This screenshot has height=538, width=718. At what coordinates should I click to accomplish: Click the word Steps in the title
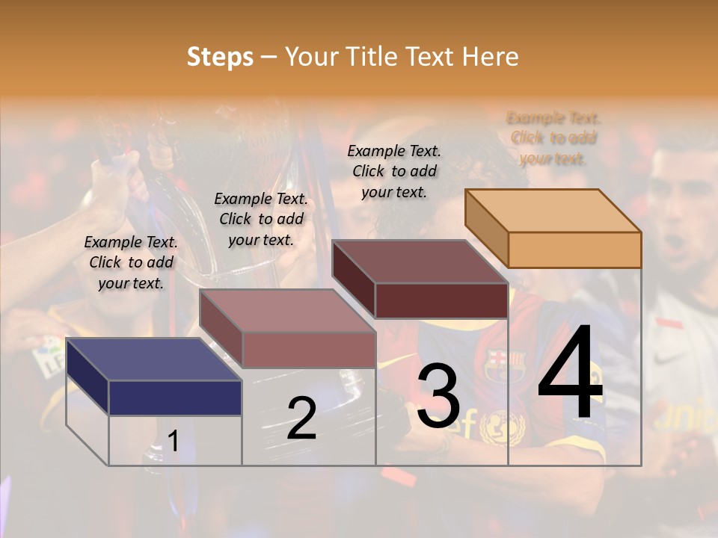[220, 57]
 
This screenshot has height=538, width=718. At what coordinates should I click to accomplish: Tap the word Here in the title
[490, 57]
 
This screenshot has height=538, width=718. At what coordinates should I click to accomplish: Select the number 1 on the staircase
[173, 442]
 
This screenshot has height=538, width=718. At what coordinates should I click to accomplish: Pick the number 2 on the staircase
[301, 418]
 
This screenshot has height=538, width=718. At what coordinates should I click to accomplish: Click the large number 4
[570, 374]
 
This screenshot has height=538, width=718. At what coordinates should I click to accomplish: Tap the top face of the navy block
[153, 359]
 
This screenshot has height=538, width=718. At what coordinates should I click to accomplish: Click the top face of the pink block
[287, 311]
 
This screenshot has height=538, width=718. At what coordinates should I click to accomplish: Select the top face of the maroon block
[420, 262]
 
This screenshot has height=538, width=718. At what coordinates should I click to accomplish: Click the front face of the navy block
[175, 398]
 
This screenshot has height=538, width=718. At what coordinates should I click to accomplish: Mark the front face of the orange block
[574, 250]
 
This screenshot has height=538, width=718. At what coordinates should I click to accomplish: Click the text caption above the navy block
[131, 263]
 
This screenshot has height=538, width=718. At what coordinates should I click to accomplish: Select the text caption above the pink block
[261, 219]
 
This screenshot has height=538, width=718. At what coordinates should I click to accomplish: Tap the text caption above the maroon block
[394, 171]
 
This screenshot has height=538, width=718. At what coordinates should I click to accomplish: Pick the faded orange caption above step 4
[553, 138]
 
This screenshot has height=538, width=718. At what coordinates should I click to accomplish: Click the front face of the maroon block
[441, 300]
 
